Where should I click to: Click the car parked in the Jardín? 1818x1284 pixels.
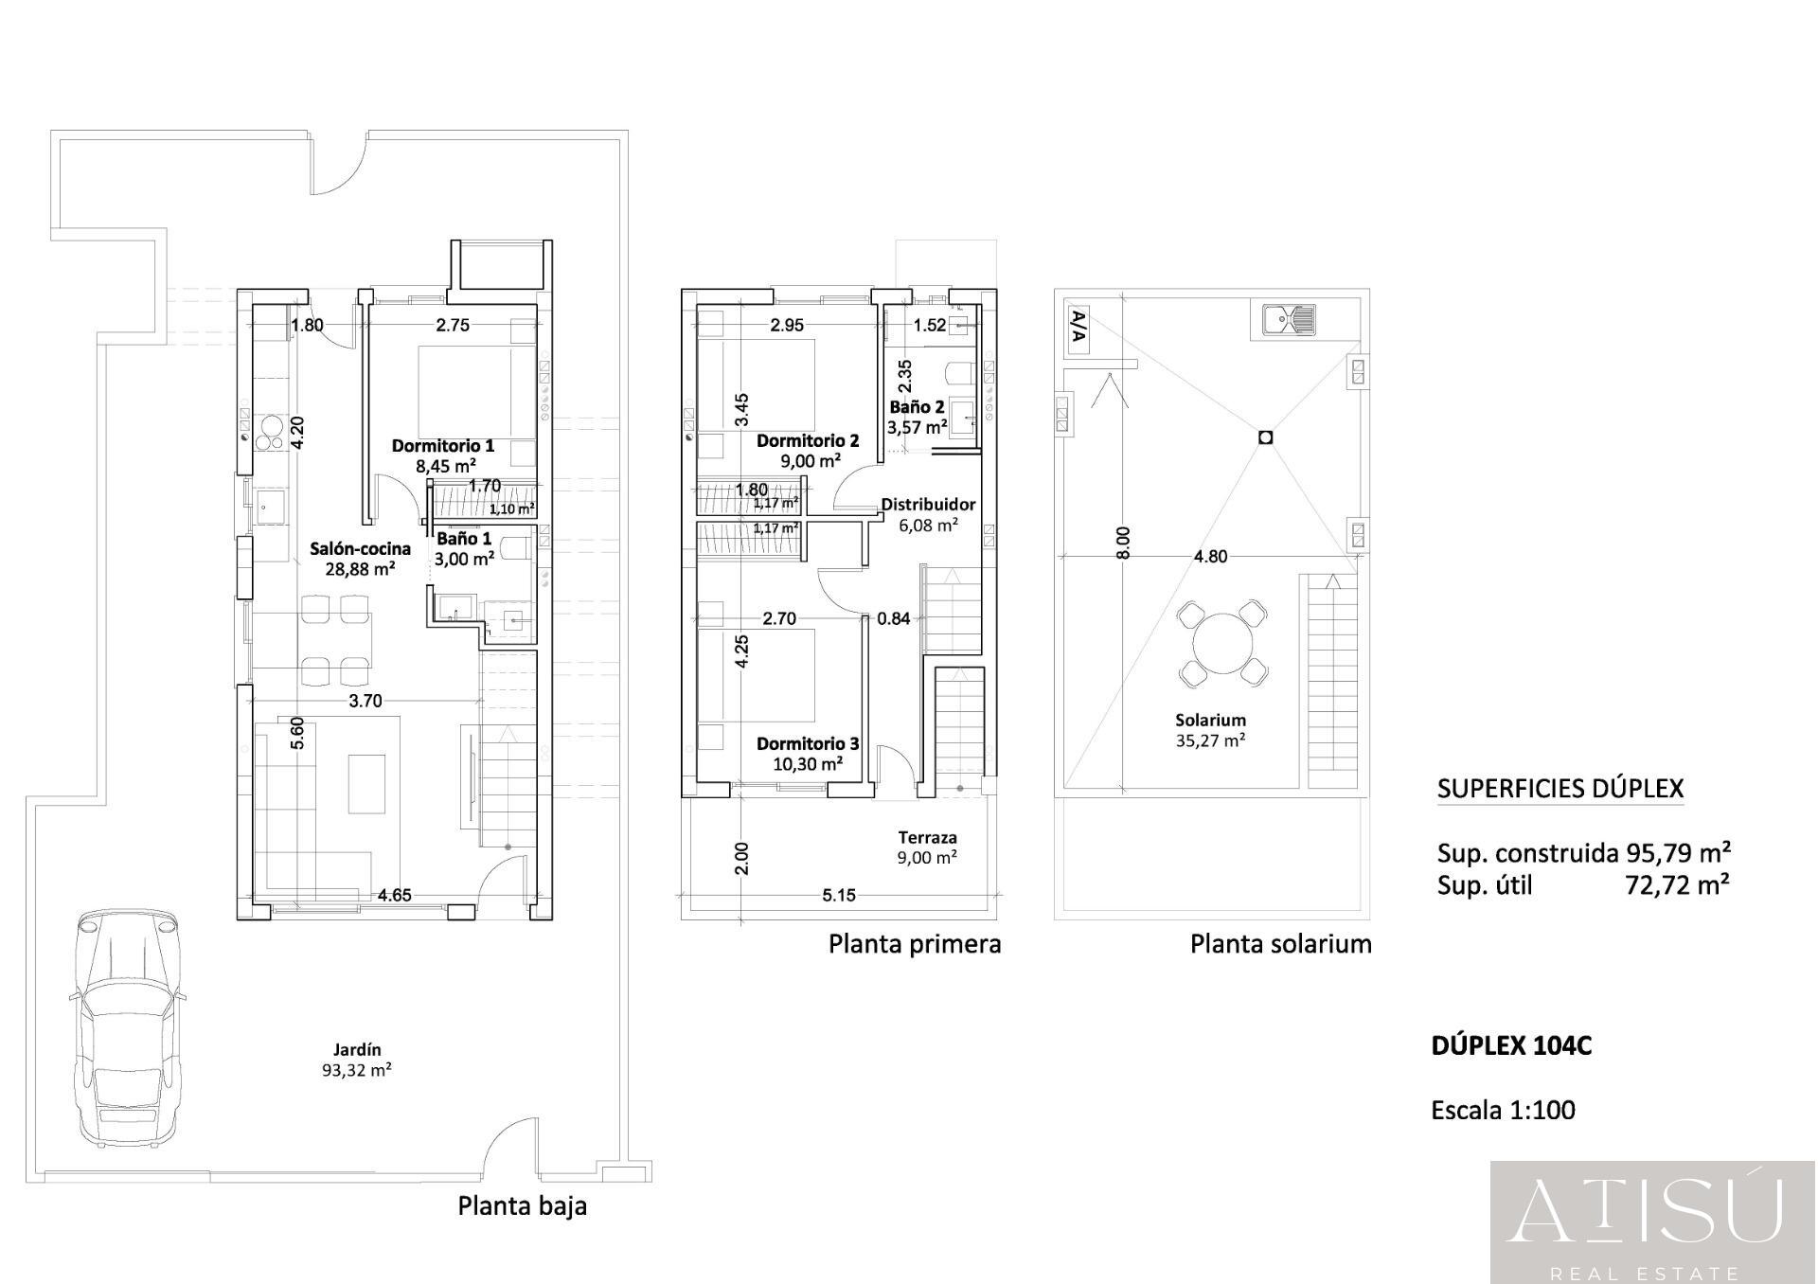click(127, 1028)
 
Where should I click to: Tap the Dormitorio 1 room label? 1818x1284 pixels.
click(443, 445)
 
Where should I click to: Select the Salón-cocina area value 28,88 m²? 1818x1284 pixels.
click(360, 569)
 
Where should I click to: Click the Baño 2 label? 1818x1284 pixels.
click(917, 407)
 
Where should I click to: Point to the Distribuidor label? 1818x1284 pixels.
click(928, 505)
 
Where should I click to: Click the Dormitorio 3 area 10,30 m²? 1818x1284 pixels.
click(808, 764)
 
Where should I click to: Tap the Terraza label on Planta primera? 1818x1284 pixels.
click(927, 837)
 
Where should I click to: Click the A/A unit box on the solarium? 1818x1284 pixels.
click(1078, 330)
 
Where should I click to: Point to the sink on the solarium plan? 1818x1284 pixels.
click(1289, 321)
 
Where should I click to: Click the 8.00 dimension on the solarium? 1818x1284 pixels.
click(1123, 544)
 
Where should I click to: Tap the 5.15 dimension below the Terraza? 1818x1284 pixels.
click(839, 895)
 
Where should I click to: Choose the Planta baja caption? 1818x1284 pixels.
click(523, 1206)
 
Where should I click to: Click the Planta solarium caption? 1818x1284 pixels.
click(1280, 944)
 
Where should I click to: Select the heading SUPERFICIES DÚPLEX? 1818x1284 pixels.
click(1560, 789)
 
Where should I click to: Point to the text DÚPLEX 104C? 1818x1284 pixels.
click(1511, 1045)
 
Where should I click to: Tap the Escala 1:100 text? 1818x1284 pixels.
click(1504, 1110)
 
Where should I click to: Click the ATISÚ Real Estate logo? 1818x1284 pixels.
click(1654, 1222)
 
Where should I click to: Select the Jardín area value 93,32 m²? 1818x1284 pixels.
click(357, 1070)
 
